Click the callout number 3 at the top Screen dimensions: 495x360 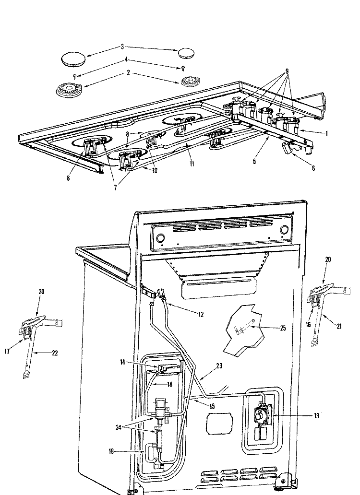coord(122,47)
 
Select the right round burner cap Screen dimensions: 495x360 coord(185,52)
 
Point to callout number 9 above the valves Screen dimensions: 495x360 coord(287,71)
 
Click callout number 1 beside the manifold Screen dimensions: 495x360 coord(326,134)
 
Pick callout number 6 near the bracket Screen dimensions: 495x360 coord(314,168)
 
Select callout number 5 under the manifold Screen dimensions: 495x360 coord(254,162)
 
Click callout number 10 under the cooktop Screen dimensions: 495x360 coord(154,170)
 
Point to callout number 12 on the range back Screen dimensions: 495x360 coord(201,315)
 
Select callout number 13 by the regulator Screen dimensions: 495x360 coord(317,415)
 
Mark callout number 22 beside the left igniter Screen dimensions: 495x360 coord(54,353)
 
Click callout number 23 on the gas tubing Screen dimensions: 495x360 coord(219,365)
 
